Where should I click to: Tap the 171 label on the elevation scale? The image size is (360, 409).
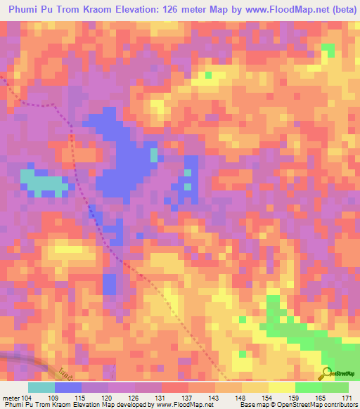pos(345,398)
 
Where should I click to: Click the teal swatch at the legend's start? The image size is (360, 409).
pos(41,387)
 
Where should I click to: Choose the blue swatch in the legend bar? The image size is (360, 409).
pos(68,387)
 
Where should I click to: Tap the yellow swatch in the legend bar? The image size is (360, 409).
pos(282,387)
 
